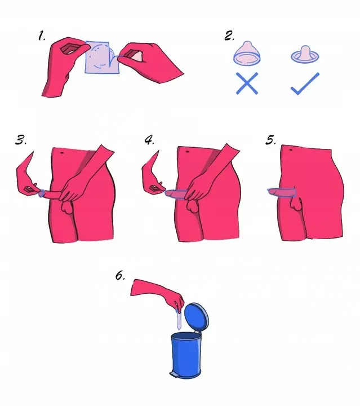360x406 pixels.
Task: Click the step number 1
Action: tap(42, 36)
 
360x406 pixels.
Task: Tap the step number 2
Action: tap(229, 36)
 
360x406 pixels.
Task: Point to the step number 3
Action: tap(21, 140)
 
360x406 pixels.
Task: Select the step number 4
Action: tap(149, 140)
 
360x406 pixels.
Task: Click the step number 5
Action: tap(270, 140)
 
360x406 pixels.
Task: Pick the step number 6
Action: tap(120, 276)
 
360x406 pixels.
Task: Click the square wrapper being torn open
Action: tap(101, 58)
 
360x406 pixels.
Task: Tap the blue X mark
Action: tap(247, 83)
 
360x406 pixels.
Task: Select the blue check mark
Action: tap(305, 84)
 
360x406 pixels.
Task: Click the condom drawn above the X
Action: tap(247, 53)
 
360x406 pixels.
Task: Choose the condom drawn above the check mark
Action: tap(305, 54)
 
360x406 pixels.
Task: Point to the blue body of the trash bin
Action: tap(186, 355)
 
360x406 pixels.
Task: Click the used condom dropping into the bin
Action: tap(179, 319)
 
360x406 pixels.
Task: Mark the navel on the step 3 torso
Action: tap(62, 153)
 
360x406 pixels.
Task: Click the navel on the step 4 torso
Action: tap(187, 152)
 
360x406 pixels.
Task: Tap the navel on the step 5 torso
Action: tap(291, 150)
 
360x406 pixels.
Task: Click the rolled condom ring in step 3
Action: tap(41, 193)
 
